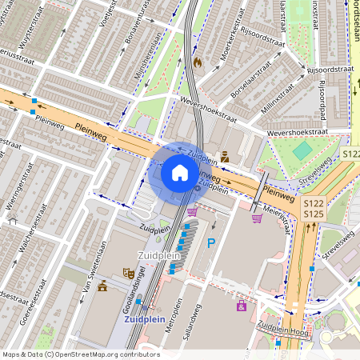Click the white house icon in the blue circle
pyautogui.click(x=180, y=173)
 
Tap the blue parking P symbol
pyautogui.click(x=211, y=242)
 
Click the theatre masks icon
pyautogui.click(x=127, y=273)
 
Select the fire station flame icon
pyautogui.click(x=197, y=61)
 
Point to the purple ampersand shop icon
pyautogui.click(x=241, y=306)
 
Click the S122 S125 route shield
pyautogui.click(x=313, y=210)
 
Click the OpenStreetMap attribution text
pyautogui.click(x=80, y=354)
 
